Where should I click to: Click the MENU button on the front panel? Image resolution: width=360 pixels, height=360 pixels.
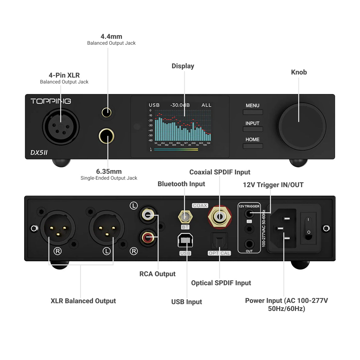click(x=253, y=112)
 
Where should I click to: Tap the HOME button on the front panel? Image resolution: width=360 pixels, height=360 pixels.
click(x=253, y=146)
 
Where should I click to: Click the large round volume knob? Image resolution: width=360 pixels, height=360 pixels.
click(x=302, y=127)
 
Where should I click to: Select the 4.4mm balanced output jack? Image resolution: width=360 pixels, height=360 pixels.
click(x=107, y=112)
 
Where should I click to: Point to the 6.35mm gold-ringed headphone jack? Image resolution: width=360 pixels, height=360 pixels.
click(x=106, y=136)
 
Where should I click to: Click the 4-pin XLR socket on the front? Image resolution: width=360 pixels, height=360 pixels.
click(x=61, y=127)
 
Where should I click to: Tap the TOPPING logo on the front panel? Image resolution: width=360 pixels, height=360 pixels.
click(x=51, y=101)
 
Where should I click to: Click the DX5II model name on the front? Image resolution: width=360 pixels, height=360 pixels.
click(x=39, y=152)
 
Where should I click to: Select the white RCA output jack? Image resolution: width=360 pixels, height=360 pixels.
click(x=148, y=214)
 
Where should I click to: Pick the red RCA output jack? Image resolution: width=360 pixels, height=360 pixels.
click(x=148, y=238)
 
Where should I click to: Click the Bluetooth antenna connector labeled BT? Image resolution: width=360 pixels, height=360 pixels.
click(x=185, y=217)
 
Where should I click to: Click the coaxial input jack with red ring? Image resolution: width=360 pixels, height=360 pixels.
click(x=220, y=216)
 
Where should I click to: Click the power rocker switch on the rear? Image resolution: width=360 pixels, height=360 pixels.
click(x=308, y=228)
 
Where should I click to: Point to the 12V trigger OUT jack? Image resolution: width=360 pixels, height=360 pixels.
click(x=249, y=244)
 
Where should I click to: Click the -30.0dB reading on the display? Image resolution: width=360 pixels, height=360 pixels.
click(x=180, y=105)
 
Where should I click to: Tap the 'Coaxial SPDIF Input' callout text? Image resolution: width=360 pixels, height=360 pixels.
click(x=220, y=172)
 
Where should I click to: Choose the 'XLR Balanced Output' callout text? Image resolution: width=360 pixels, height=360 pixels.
click(x=83, y=301)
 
